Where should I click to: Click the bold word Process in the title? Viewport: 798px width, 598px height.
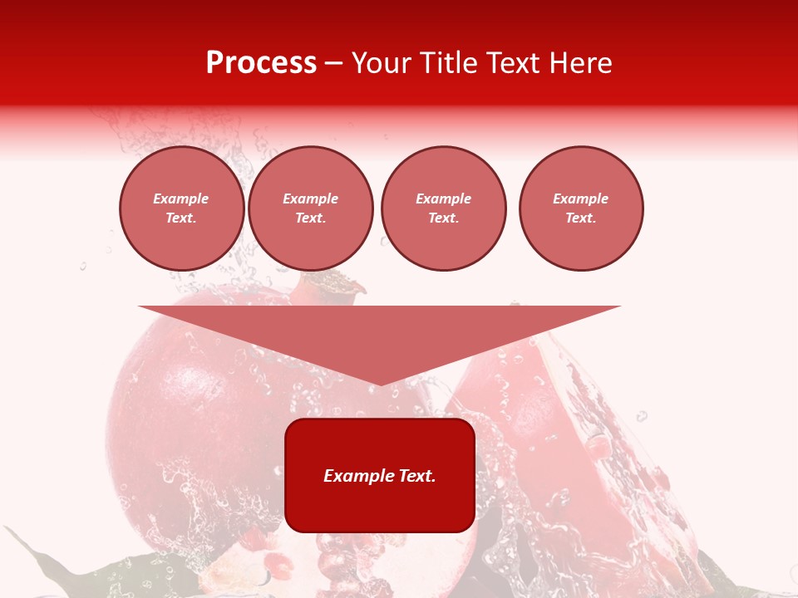261,63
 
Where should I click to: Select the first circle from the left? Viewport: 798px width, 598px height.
181,208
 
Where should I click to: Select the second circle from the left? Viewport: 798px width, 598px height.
310,208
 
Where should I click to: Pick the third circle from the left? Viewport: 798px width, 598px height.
443,208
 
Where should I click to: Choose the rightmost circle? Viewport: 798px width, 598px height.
580,208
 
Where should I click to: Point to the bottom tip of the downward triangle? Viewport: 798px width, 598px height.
380,384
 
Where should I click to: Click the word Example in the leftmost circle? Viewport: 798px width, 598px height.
181,199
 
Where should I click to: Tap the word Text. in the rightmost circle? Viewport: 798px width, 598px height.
580,218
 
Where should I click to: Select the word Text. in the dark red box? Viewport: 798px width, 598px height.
416,476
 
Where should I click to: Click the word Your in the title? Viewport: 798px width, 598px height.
382,63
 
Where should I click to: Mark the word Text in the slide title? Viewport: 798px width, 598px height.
512,63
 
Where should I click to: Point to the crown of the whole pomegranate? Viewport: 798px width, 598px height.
332,286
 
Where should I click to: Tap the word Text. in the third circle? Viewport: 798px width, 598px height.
443,218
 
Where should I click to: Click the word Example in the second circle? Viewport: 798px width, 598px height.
310,199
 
